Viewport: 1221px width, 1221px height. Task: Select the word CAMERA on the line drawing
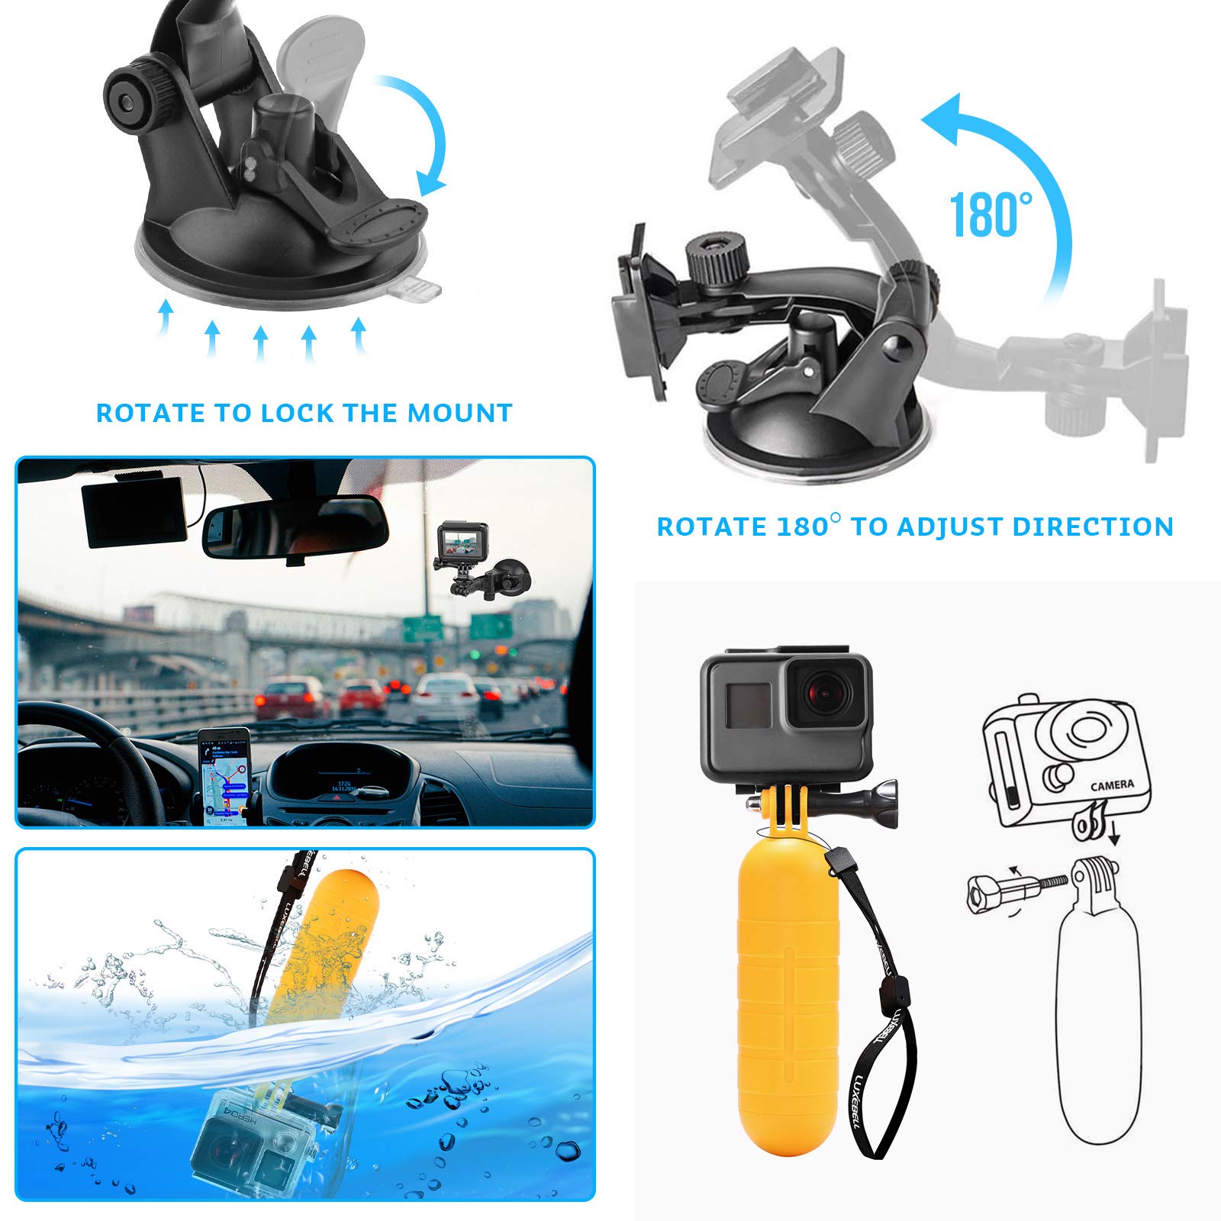tap(1111, 784)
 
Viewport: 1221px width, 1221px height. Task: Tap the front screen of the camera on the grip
tap(749, 704)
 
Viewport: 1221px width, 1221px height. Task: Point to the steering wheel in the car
tap(92, 755)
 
